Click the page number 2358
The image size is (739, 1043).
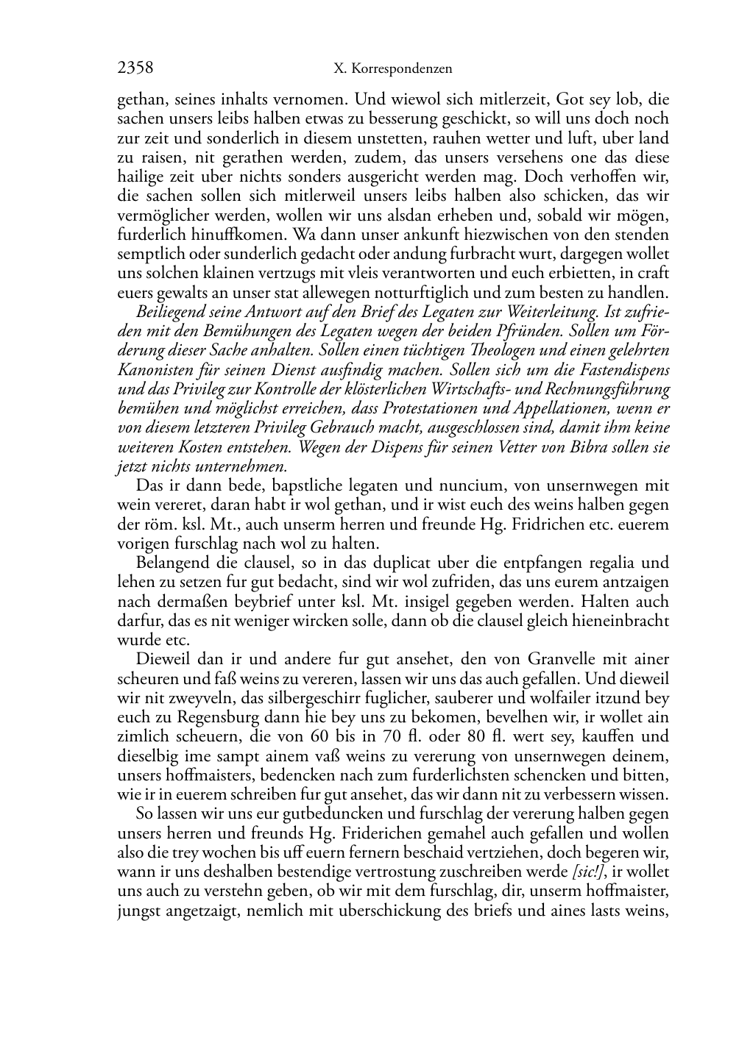point(135,68)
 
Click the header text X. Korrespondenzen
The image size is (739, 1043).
point(392,69)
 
